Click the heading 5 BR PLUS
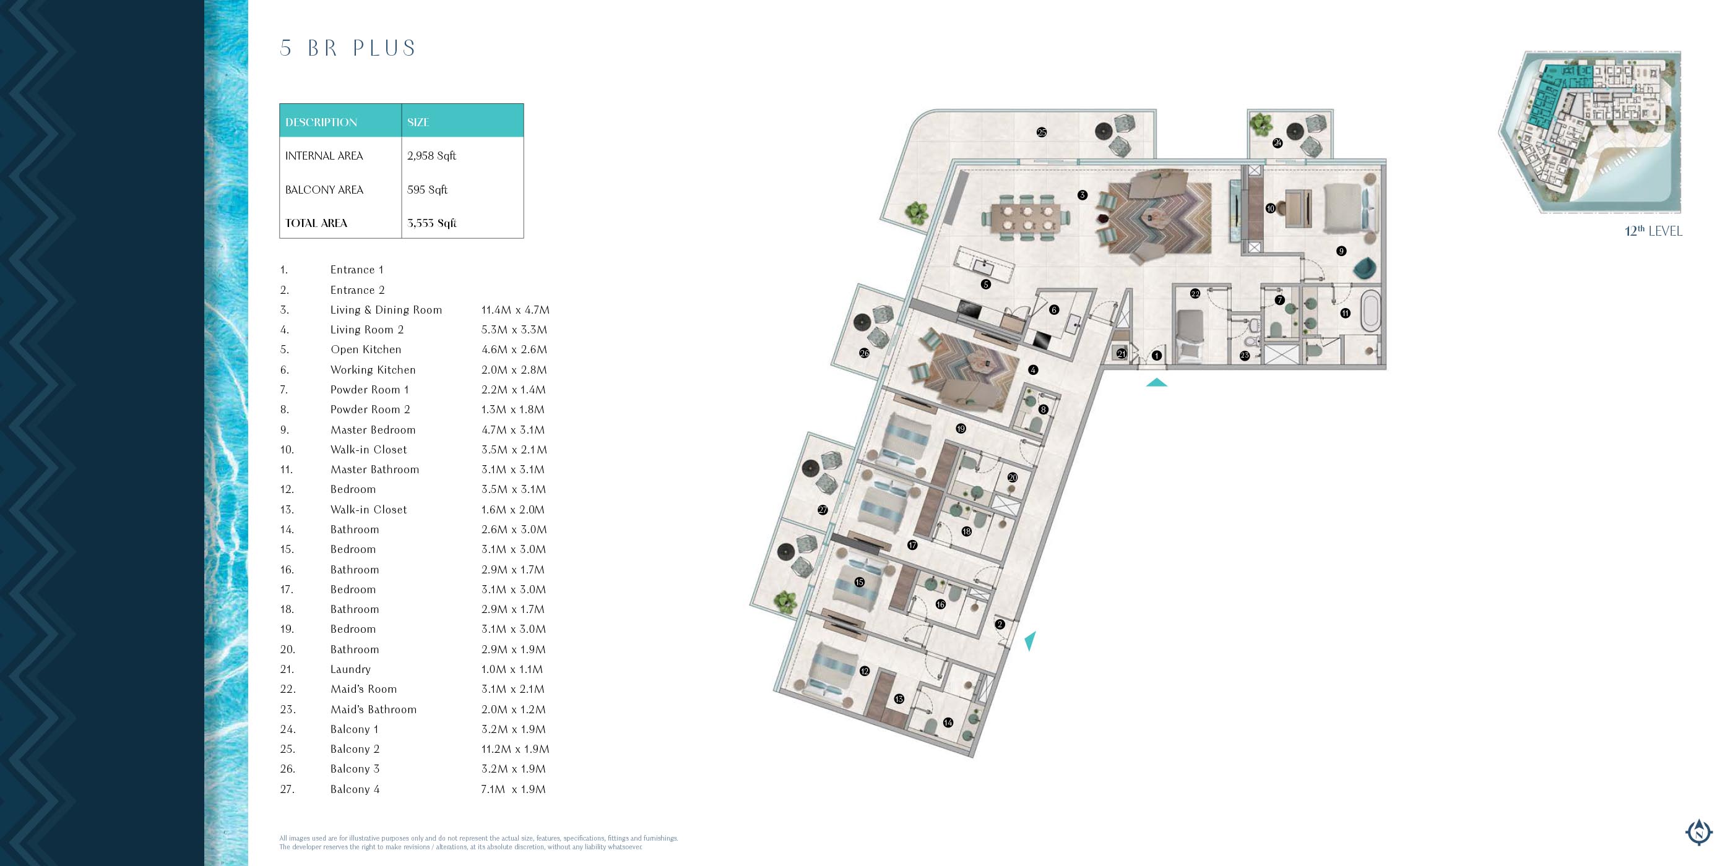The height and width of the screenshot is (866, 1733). [348, 48]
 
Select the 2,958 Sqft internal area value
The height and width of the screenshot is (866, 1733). [431, 156]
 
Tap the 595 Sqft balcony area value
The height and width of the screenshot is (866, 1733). [427, 190]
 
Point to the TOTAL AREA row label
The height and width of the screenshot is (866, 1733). [316, 223]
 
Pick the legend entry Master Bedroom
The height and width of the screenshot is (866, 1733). [373, 430]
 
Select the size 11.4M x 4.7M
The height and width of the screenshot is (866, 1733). [516, 310]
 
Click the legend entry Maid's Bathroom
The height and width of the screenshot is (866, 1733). [373, 710]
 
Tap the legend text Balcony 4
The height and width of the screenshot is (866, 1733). [355, 789]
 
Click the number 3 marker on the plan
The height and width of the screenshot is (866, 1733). [1082, 195]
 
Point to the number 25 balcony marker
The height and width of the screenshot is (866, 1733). [1042, 132]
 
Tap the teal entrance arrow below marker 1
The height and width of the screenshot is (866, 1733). [1156, 382]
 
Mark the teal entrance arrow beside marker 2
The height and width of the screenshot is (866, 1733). [1030, 641]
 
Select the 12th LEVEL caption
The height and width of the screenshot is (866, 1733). [1653, 231]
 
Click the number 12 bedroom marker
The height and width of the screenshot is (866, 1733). [865, 671]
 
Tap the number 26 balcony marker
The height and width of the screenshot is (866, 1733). [865, 353]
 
